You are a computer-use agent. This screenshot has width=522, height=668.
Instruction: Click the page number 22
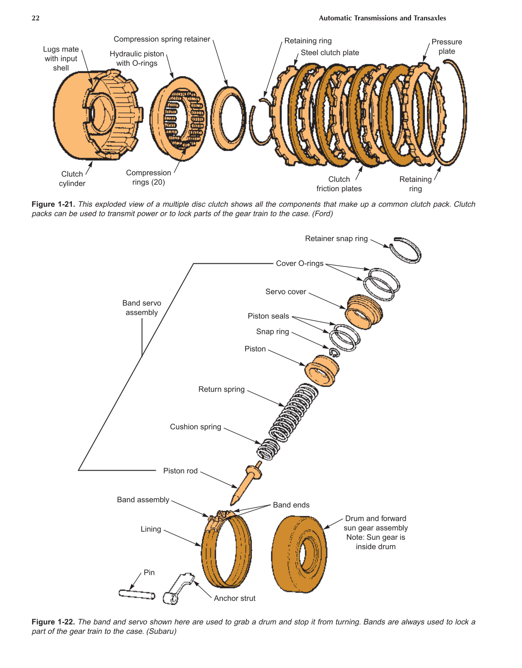pyautogui.click(x=36, y=18)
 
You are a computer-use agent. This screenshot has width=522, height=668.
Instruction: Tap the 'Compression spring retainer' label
pyautogui.click(x=162, y=39)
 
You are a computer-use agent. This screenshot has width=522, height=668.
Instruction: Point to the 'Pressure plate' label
pyautogui.click(x=446, y=47)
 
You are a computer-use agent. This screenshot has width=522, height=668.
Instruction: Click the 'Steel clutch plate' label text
pyautogui.click(x=330, y=53)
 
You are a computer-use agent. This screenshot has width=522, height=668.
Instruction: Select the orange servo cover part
pyautogui.click(x=364, y=311)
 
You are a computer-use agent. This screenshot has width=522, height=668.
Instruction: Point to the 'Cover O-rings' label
pyautogui.click(x=299, y=263)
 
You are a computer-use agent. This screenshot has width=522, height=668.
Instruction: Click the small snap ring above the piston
pyautogui.click(x=334, y=352)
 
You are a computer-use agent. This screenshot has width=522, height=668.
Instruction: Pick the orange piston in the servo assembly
pyautogui.click(x=322, y=370)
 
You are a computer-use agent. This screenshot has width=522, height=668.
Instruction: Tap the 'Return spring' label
pyautogui.click(x=221, y=389)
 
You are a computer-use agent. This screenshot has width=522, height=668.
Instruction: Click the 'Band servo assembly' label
pyautogui.click(x=142, y=308)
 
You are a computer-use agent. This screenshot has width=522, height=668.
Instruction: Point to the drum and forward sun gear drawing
pyautogui.click(x=299, y=554)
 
